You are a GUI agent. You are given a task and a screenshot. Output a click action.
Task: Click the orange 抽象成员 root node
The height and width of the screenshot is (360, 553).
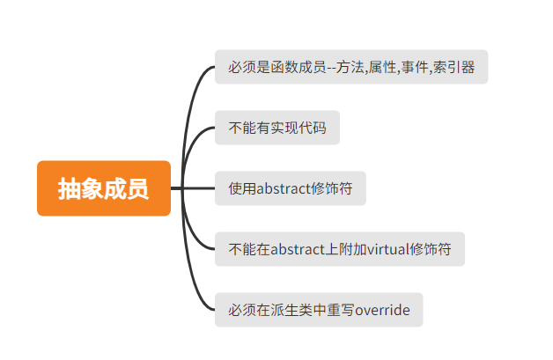[x=103, y=188]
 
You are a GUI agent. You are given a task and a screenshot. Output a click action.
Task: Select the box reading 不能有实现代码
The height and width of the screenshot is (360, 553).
[x=276, y=128]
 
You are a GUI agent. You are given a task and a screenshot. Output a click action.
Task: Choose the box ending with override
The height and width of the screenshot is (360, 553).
[x=319, y=310]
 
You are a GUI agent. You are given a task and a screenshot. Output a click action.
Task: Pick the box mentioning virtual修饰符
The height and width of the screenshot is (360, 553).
[x=339, y=249]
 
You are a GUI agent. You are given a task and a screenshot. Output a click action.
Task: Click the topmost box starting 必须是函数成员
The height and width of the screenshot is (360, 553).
[x=351, y=67]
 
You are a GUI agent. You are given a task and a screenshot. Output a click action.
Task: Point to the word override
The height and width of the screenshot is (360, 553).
[x=382, y=310]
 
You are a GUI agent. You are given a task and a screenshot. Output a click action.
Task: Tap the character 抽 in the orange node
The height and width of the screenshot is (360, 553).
[x=70, y=188]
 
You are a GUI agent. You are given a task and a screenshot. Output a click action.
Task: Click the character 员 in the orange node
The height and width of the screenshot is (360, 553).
[x=136, y=188]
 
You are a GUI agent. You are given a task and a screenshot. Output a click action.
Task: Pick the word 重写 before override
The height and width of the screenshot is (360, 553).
[x=340, y=310]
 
